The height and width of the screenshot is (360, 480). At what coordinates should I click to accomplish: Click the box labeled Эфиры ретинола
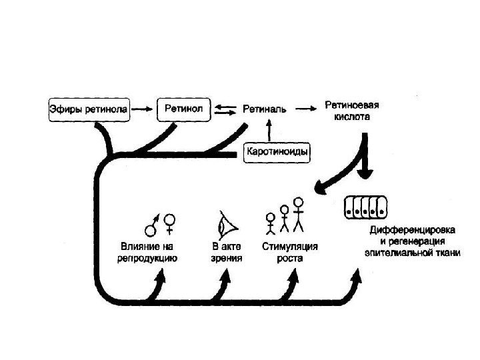(88, 108)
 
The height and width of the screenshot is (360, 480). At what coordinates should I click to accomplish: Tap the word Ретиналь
(265, 109)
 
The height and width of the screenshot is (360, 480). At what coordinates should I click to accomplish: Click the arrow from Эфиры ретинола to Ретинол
(141, 108)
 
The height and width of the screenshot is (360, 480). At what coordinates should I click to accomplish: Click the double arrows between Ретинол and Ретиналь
(226, 108)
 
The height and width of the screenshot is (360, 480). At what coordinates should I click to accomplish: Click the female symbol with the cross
(171, 223)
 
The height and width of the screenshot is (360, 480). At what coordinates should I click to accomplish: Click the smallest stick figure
(271, 223)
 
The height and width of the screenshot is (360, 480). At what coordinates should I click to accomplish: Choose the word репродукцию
(149, 257)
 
